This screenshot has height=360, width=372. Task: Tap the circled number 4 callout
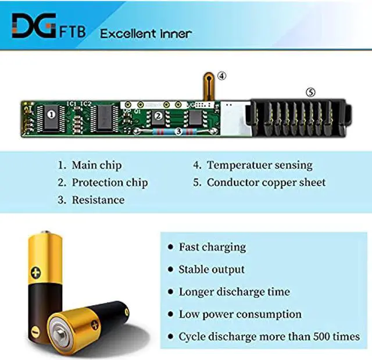(222, 76)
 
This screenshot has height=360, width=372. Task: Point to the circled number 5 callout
(311, 92)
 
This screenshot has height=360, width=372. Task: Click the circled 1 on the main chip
(51, 115)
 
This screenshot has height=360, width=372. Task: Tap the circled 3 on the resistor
(179, 132)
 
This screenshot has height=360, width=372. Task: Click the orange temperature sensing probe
(207, 87)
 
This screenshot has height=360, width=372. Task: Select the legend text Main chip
(96, 165)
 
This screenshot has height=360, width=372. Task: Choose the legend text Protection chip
(109, 183)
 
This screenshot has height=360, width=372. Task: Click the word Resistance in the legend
(98, 200)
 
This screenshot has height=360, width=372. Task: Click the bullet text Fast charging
(212, 247)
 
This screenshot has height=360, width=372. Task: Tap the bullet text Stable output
(212, 269)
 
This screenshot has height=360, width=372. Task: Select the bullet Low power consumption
(240, 314)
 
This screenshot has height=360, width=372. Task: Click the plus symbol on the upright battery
(37, 271)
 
